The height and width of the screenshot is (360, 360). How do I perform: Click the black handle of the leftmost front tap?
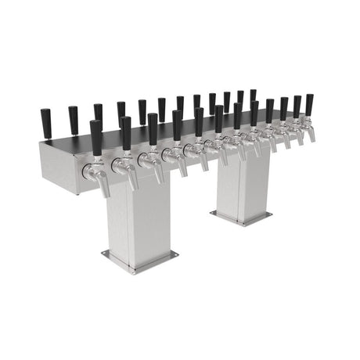[96, 138]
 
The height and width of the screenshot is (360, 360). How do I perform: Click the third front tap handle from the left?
[153, 128]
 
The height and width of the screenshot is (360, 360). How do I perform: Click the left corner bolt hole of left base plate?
[108, 253]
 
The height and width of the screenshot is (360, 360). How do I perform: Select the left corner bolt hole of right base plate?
[215, 212]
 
